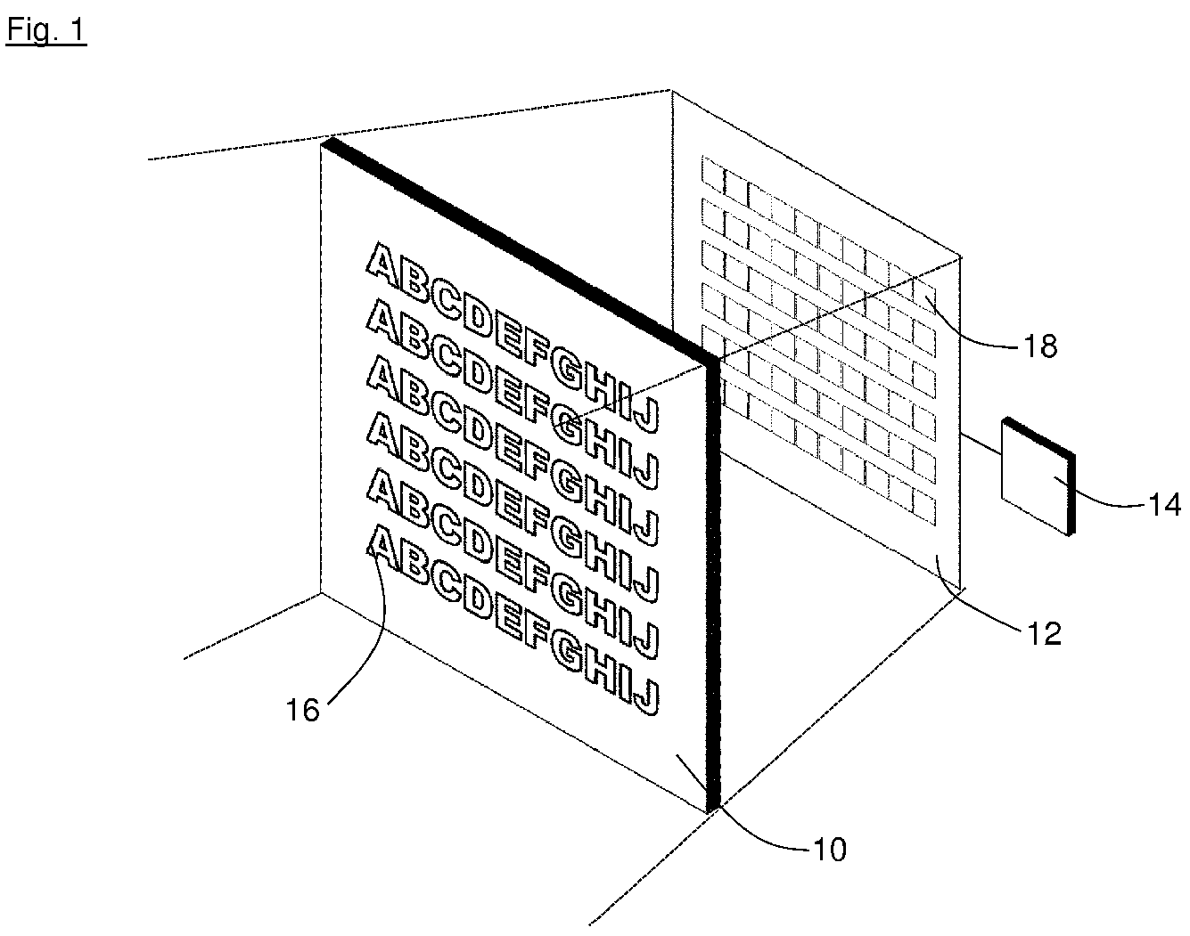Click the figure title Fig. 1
[46, 30]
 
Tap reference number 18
[1039, 346]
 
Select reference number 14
[1164, 504]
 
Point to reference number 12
[1044, 633]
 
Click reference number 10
[829, 850]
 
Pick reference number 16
[303, 710]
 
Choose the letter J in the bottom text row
[644, 696]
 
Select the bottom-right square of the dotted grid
[924, 508]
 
